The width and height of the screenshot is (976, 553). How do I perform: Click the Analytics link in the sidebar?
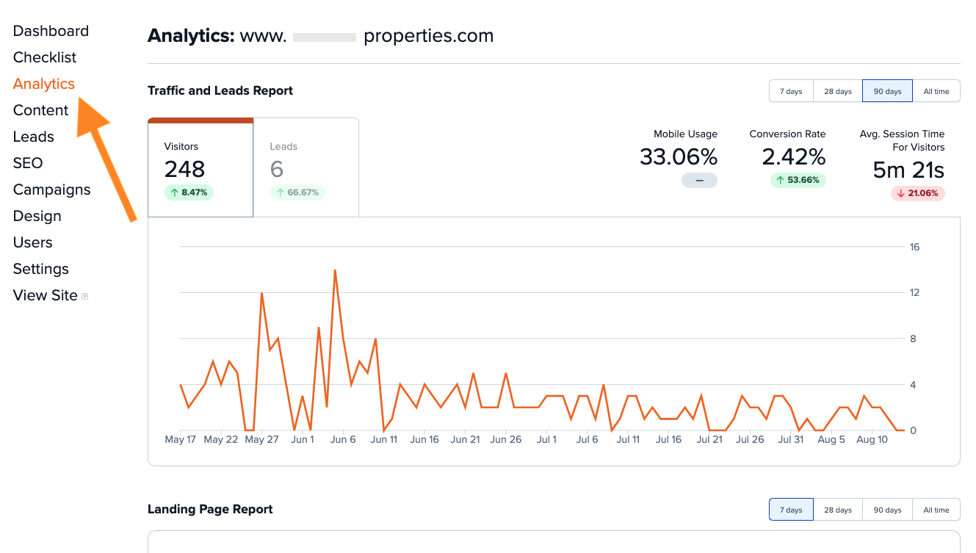pos(44,84)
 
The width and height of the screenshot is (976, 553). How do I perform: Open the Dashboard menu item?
pos(51,31)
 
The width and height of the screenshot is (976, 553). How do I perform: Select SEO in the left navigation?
pos(28,163)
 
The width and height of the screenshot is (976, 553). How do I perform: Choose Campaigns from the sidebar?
pos(52,189)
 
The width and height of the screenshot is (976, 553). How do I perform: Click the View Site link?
pos(46,295)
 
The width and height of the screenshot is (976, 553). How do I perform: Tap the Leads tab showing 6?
pos(306,167)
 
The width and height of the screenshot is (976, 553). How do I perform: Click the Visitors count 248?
pos(184,170)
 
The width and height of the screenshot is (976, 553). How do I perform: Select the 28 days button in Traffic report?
pos(837,91)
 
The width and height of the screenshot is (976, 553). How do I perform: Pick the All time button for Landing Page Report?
pos(936,510)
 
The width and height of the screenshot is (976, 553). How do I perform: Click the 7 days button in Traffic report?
pos(791,91)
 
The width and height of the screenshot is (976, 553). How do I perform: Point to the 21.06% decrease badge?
pos(917,193)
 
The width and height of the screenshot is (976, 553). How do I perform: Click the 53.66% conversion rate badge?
pos(798,180)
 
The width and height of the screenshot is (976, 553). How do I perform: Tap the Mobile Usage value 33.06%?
pos(678,157)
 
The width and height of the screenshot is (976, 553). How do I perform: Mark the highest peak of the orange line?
pos(335,270)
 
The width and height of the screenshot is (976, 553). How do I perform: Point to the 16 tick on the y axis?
pos(914,247)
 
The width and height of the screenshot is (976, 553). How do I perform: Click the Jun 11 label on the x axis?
pos(383,440)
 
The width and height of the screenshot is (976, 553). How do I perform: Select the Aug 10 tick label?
pos(872,440)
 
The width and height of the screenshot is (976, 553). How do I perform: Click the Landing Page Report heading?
pos(210,509)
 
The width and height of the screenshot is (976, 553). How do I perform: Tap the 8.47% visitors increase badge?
pos(189,192)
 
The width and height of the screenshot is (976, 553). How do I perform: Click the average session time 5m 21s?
pos(908,170)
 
